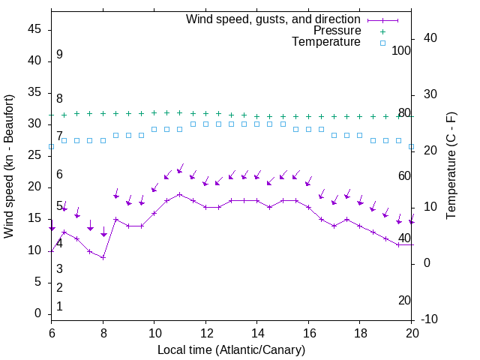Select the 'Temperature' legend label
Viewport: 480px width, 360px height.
326,43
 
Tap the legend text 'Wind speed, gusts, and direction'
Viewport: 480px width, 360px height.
273,19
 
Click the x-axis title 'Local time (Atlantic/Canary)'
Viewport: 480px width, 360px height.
231,350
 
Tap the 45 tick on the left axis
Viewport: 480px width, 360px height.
34,28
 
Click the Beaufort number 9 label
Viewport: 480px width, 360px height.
59,55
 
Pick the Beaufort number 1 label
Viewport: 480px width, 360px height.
59,307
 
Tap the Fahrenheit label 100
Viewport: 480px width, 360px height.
402,50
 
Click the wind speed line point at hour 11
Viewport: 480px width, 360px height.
180,194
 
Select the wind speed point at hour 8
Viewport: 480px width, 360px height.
103,257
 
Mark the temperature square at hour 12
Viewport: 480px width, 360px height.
205,124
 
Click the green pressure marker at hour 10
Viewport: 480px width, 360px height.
154,113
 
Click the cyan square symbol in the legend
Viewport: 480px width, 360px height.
382,43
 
